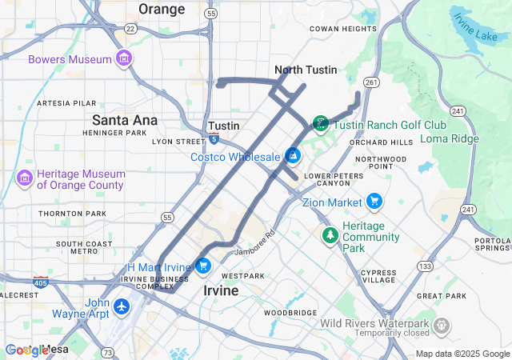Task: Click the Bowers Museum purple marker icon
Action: click(123, 59)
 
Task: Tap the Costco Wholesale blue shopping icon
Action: click(294, 156)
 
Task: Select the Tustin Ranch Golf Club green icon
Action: click(320, 123)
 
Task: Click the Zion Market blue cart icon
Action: click(374, 202)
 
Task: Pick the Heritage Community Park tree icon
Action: click(329, 235)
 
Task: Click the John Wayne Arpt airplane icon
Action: click(122, 306)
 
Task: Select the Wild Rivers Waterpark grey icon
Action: click(441, 326)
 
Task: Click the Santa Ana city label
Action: click(124, 120)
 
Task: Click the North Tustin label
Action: click(304, 70)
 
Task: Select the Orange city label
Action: click(162, 9)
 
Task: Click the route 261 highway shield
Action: click(370, 83)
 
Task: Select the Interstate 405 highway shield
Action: click(40, 282)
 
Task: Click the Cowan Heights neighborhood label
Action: click(342, 29)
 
